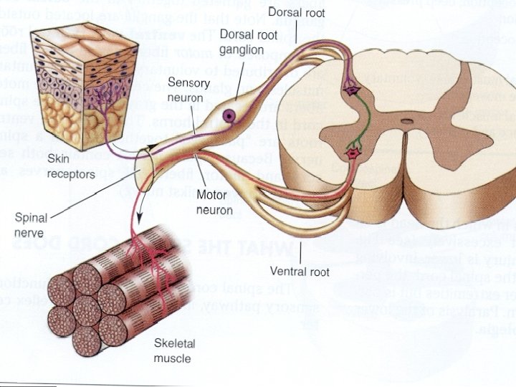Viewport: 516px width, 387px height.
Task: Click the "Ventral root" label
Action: pyautogui.click(x=300, y=271)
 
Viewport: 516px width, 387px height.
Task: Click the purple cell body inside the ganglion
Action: pyautogui.click(x=229, y=115)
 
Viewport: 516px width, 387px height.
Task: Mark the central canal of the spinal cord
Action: pyautogui.click(x=406, y=123)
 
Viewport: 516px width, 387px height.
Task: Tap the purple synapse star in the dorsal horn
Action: pyautogui.click(x=352, y=90)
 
